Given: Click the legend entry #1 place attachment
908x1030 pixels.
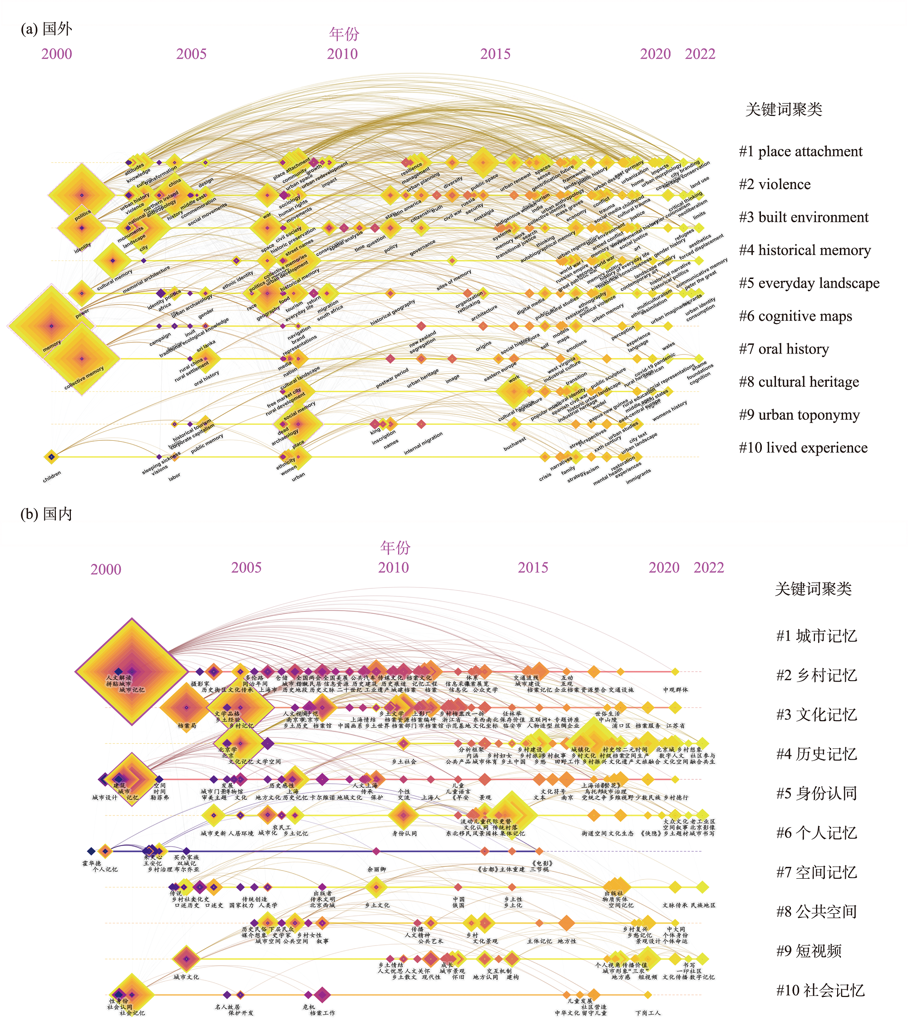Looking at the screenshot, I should [x=800, y=152].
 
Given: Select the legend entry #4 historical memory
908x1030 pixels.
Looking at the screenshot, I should [x=804, y=250].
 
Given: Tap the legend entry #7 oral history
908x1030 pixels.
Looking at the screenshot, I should [x=784, y=349].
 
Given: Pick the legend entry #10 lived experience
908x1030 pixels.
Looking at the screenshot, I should [x=803, y=448].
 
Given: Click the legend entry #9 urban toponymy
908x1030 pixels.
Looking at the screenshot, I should [x=799, y=415].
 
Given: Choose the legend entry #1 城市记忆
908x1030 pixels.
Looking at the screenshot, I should [x=816, y=636].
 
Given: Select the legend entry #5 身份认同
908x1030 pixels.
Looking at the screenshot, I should [x=816, y=794].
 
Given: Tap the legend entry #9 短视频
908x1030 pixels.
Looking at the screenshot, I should [x=809, y=951].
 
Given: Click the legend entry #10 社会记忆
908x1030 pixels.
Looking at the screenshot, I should [x=820, y=990].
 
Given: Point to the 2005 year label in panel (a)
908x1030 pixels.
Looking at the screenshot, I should [x=192, y=54].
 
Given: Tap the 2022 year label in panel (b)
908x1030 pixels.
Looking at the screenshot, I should [x=709, y=568].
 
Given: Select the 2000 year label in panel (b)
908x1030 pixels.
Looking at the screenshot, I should [x=106, y=569].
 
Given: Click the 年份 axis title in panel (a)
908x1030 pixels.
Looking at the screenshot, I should [x=344, y=34].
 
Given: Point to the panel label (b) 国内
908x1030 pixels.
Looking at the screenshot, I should [x=46, y=514].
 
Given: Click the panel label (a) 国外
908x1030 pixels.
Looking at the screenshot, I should [x=46, y=29].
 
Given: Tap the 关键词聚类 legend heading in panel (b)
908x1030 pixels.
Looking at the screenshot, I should [x=813, y=589].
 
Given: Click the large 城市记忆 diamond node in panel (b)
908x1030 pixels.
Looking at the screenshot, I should [x=132, y=671].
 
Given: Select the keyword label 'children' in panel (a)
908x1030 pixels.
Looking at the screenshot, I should [x=52, y=476].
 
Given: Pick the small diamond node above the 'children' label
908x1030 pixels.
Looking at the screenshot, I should [x=51, y=457].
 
